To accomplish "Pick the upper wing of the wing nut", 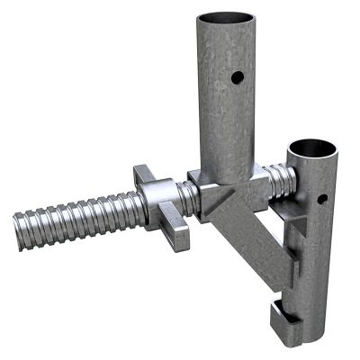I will [142, 173].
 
